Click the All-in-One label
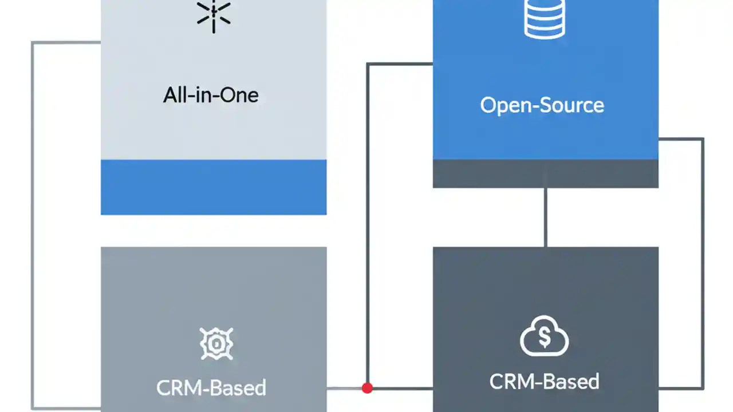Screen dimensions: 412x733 (x=211, y=94)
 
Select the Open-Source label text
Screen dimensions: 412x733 (x=542, y=105)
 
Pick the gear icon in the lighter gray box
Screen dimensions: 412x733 (x=216, y=344)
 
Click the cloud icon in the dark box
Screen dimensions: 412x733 (x=544, y=338)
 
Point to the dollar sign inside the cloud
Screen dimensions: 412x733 (x=544, y=338)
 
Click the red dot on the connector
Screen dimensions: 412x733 (x=367, y=389)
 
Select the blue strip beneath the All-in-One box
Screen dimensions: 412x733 (x=214, y=187)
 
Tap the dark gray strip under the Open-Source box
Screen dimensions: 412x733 (x=545, y=174)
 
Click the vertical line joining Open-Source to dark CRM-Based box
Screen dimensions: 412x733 (x=545, y=217)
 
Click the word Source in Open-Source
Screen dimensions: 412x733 (x=573, y=105)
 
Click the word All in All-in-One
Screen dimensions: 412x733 (x=174, y=94)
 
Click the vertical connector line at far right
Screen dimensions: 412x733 (x=702, y=263)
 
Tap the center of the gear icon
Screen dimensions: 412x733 (x=216, y=344)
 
